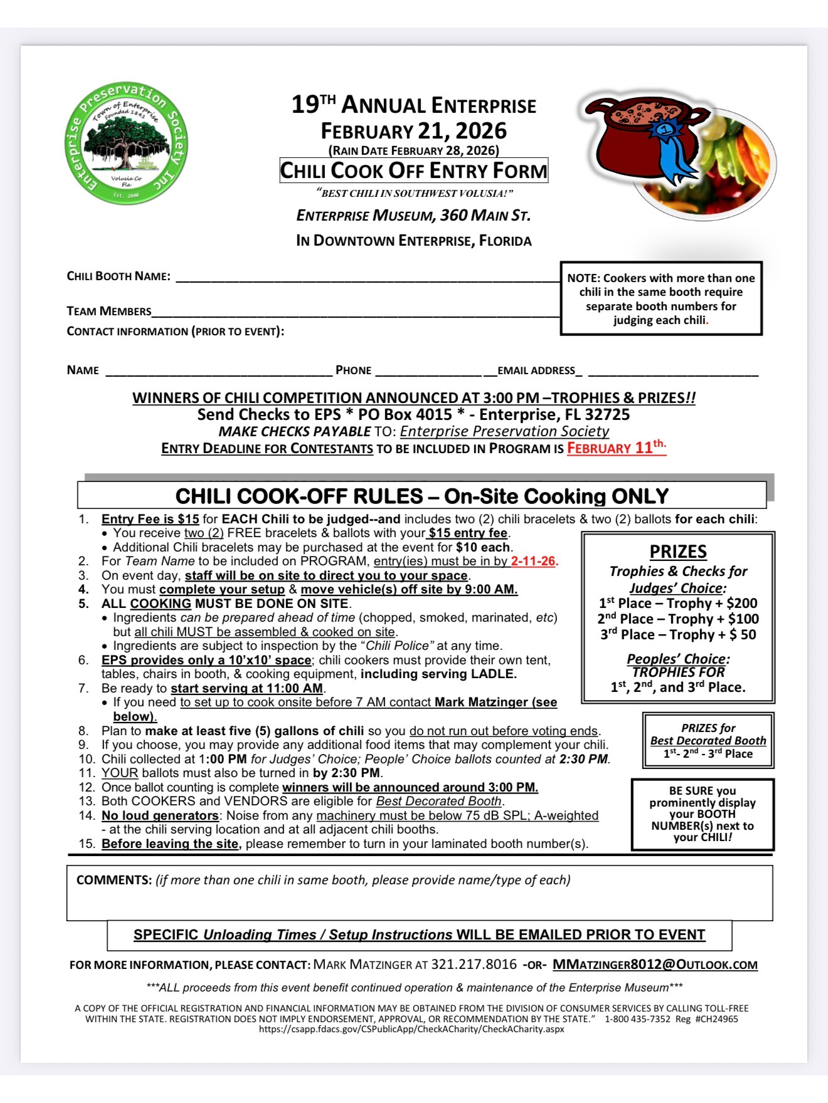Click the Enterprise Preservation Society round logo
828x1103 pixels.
126,144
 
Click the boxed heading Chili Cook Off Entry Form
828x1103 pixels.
413,170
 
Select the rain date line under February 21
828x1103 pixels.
413,150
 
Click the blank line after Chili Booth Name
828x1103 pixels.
367,278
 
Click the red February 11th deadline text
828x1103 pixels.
615,447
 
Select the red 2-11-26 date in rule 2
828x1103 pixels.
534,561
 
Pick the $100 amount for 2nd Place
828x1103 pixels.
743,619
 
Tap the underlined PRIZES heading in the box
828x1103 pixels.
678,552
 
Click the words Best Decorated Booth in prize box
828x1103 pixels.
708,741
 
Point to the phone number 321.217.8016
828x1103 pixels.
474,964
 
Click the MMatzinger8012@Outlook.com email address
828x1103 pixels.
655,964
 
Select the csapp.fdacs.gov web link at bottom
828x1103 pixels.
411,1029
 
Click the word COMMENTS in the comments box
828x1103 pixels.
114,880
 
